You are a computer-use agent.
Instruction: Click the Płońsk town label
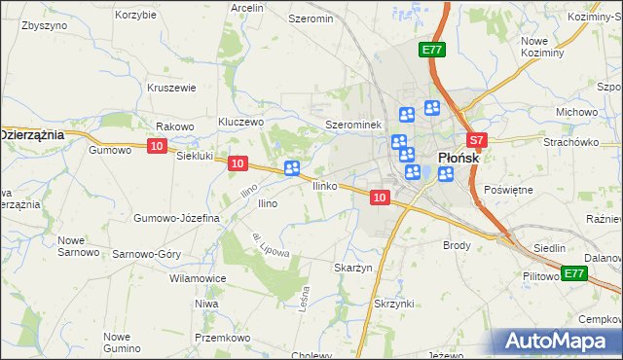click(x=456, y=156)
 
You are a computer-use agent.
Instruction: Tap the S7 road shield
click(x=474, y=141)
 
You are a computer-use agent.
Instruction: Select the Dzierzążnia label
click(x=32, y=134)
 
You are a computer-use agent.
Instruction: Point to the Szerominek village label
click(x=352, y=126)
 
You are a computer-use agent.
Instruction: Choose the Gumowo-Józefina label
click(x=177, y=218)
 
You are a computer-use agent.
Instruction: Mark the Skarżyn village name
click(x=353, y=268)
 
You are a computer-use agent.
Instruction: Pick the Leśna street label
click(x=305, y=295)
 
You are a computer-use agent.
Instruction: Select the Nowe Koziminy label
click(x=543, y=47)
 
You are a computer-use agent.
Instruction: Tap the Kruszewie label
click(x=171, y=87)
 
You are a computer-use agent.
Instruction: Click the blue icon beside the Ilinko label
click(x=291, y=169)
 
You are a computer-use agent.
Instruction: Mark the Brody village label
click(x=457, y=245)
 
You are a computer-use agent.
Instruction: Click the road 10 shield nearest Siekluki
click(x=158, y=146)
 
